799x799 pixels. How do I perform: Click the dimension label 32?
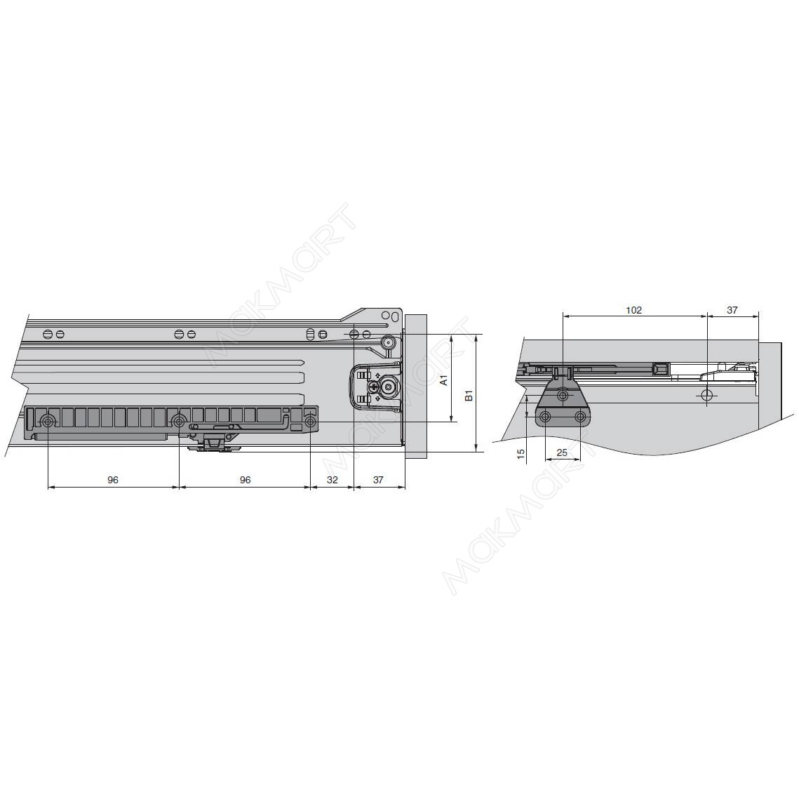(333, 480)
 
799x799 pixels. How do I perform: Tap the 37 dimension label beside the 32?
(378, 480)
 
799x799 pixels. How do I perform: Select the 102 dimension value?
(634, 310)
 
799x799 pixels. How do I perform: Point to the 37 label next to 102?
(732, 310)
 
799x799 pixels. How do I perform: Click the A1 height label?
(444, 380)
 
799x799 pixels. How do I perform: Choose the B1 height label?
(469, 396)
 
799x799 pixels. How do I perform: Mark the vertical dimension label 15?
(521, 453)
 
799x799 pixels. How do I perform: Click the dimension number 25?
(561, 452)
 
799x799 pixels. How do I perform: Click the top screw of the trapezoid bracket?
(563, 395)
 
